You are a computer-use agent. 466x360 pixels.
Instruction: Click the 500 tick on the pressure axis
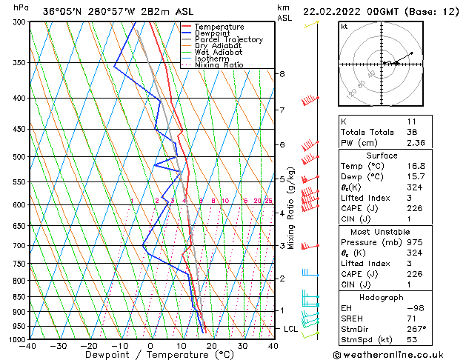pyautogui.click(x=20, y=157)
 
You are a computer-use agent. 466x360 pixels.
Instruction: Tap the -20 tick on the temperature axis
pyautogui.click(x=89, y=346)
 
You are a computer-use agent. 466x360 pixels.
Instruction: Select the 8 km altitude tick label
pyautogui.click(x=282, y=74)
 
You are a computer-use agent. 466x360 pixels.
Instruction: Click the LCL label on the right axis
pyautogui.click(x=292, y=328)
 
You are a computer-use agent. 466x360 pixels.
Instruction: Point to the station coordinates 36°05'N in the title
pyautogui.click(x=62, y=12)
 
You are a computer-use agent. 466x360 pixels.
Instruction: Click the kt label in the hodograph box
pyautogui.click(x=344, y=26)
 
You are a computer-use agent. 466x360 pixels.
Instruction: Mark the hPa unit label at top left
pyautogui.click(x=21, y=7)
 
